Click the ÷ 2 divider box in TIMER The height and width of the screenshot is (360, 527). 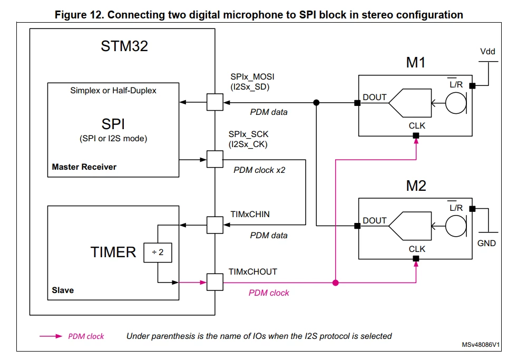(x=158, y=252)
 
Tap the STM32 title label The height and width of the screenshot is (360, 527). (x=124, y=46)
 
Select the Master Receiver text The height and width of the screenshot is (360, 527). (x=84, y=167)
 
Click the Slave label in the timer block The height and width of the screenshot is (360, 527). (x=63, y=290)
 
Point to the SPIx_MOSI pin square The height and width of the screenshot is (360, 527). (x=215, y=102)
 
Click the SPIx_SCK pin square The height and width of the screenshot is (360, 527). (x=215, y=159)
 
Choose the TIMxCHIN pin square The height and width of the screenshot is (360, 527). (x=215, y=225)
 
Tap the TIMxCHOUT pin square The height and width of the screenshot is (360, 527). (x=215, y=283)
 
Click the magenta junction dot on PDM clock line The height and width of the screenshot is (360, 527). (x=335, y=283)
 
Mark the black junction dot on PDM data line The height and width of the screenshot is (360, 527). (x=316, y=103)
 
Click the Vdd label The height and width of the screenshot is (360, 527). (x=487, y=52)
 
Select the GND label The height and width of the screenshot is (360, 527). (x=486, y=243)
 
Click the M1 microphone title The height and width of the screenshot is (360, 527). (x=416, y=63)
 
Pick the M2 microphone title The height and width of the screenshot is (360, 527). (x=416, y=186)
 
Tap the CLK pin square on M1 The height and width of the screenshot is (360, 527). (x=416, y=136)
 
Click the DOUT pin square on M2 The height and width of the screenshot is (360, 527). (x=358, y=226)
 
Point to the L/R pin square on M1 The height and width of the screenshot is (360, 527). (x=472, y=86)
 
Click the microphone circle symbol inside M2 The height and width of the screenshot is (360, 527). (x=456, y=226)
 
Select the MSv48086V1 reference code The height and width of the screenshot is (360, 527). (x=481, y=345)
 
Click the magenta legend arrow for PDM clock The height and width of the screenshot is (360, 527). (x=51, y=336)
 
